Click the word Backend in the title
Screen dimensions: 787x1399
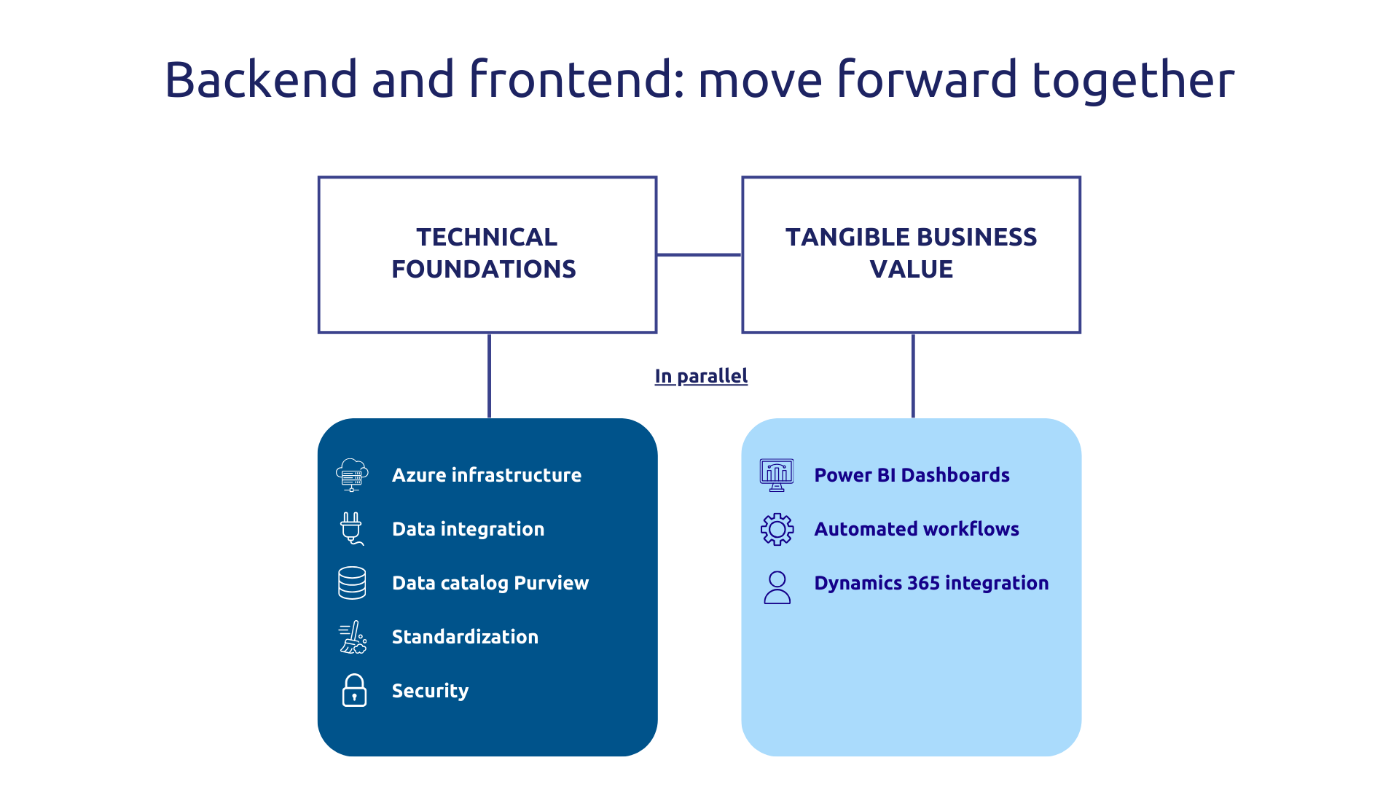coord(261,79)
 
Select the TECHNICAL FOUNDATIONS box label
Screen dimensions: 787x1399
coord(485,253)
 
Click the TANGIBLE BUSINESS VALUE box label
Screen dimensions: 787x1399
coord(911,253)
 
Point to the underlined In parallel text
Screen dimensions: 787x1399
coord(701,376)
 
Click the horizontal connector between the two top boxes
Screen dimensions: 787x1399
coord(699,254)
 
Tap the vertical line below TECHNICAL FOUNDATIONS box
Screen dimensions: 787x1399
coord(489,375)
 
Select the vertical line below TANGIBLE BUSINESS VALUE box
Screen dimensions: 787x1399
coord(913,375)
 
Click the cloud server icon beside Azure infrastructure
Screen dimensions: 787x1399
coord(352,475)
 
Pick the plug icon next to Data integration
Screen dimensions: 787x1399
coord(351,528)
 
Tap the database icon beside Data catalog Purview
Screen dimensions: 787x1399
coord(352,583)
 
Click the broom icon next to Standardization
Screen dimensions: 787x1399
coord(353,637)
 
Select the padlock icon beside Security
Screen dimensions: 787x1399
coord(354,690)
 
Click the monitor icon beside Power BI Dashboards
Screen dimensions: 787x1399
coord(777,475)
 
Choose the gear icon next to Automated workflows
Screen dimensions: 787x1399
coord(777,529)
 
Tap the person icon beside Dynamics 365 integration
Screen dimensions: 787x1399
coord(777,587)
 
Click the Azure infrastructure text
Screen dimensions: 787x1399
coord(487,475)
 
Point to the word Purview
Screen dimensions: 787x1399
coord(551,583)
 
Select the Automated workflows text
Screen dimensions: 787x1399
coord(917,529)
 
